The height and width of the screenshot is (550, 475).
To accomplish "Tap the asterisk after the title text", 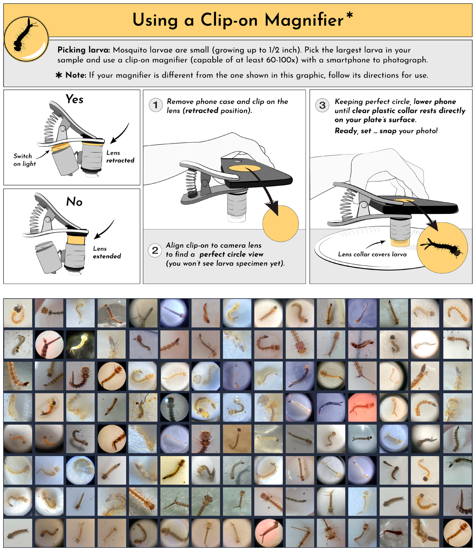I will click(350, 15).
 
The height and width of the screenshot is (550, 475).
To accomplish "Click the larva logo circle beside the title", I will click(26, 39).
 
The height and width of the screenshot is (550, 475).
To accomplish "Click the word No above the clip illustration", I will click(74, 202).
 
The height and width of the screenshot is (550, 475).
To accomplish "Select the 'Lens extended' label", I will click(107, 252).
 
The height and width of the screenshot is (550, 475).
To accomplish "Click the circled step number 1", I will click(156, 105).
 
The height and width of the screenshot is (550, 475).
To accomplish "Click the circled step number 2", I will click(155, 250).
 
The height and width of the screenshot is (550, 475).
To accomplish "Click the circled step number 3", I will click(322, 105).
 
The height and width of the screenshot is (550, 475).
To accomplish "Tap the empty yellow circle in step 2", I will click(280, 223).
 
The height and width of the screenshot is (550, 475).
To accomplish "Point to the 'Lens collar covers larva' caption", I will click(372, 254).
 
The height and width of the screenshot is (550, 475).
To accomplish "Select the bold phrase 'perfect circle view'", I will click(231, 254).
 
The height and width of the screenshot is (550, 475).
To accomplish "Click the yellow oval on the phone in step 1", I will click(244, 168).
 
